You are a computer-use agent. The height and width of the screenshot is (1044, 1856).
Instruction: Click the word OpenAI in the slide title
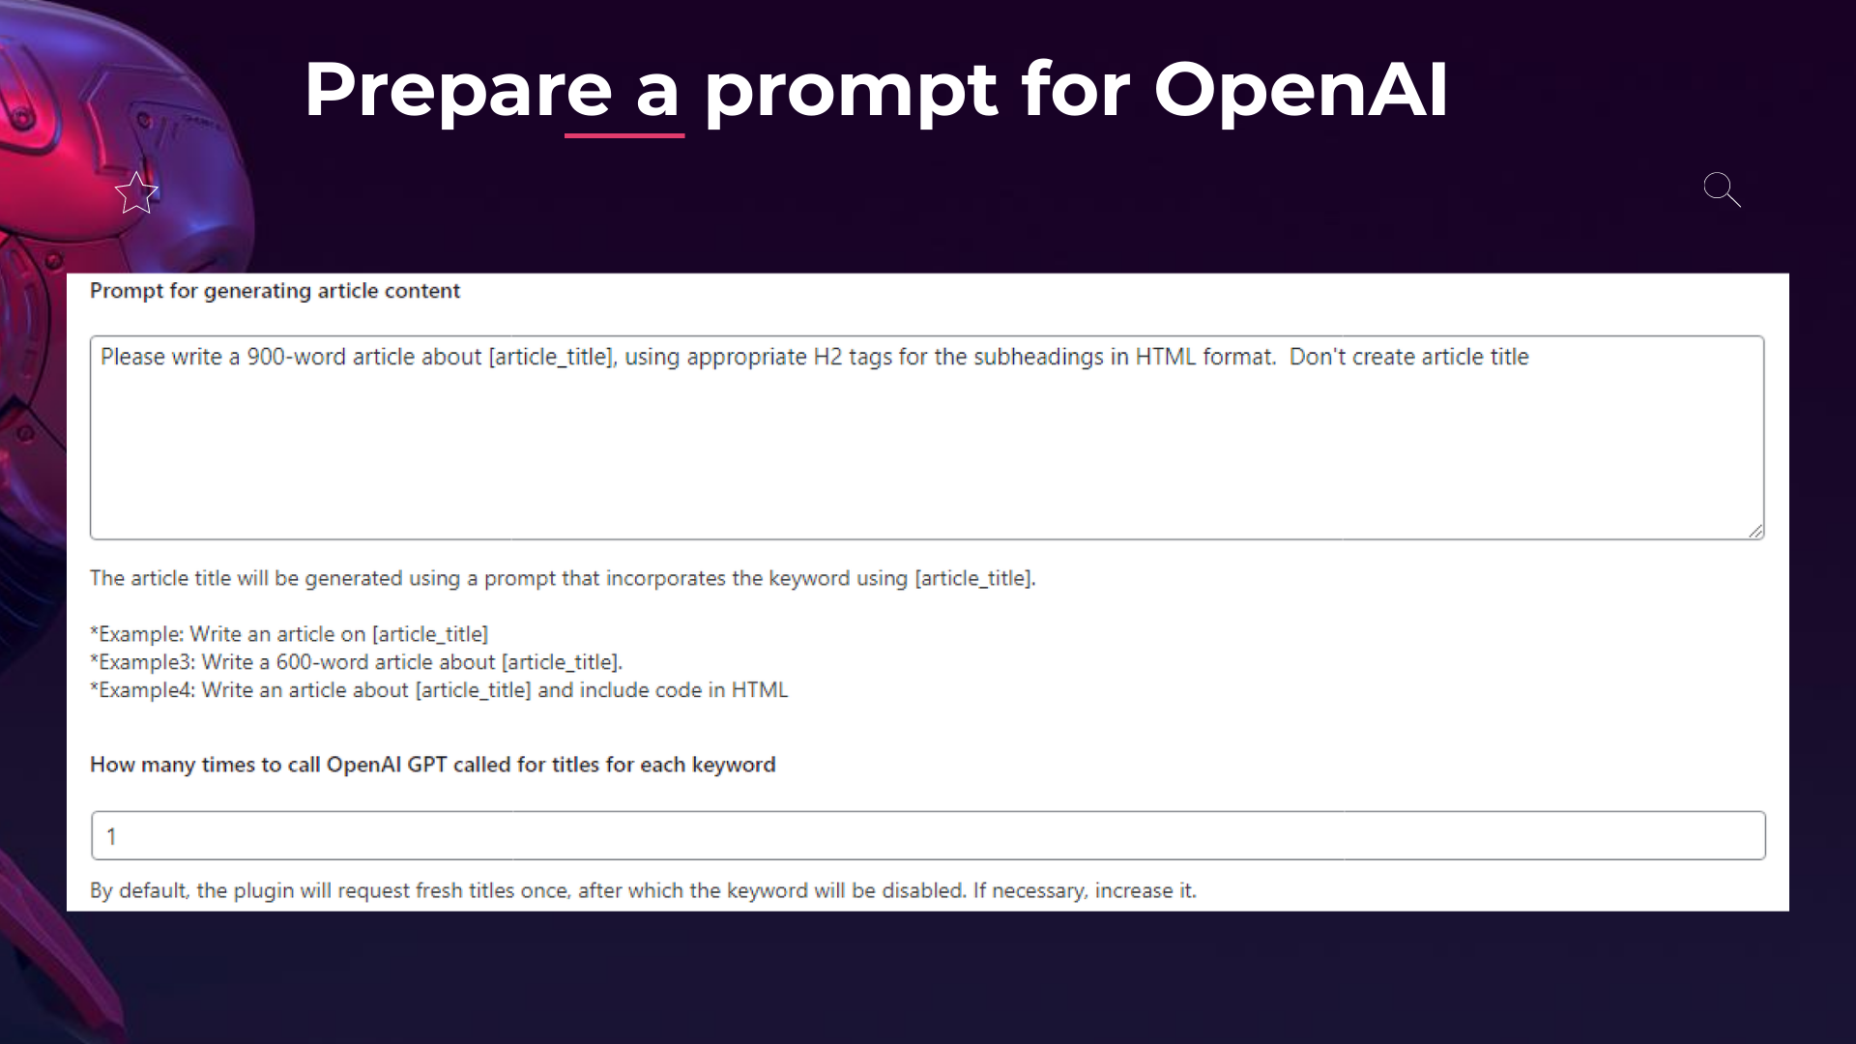(x=1300, y=90)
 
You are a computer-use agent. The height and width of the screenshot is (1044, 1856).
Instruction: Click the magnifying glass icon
(x=1722, y=189)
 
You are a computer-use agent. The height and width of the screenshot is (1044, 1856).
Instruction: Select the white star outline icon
(x=136, y=193)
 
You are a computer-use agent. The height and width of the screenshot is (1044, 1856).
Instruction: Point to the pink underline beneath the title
(x=624, y=135)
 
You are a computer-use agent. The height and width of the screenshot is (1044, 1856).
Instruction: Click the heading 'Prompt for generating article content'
(x=275, y=291)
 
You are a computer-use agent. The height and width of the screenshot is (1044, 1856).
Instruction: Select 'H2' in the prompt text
(x=827, y=357)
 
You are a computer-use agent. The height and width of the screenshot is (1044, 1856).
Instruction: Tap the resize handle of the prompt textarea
(x=1755, y=531)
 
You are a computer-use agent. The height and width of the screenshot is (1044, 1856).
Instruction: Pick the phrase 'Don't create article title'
(x=1409, y=357)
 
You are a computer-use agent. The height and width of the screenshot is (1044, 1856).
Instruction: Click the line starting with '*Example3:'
(x=356, y=662)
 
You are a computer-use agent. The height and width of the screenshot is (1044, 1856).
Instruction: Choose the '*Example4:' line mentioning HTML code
(x=439, y=690)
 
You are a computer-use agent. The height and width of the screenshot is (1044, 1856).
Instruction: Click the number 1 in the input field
(x=111, y=836)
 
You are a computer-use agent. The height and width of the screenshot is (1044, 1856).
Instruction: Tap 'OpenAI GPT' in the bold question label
(x=387, y=765)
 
